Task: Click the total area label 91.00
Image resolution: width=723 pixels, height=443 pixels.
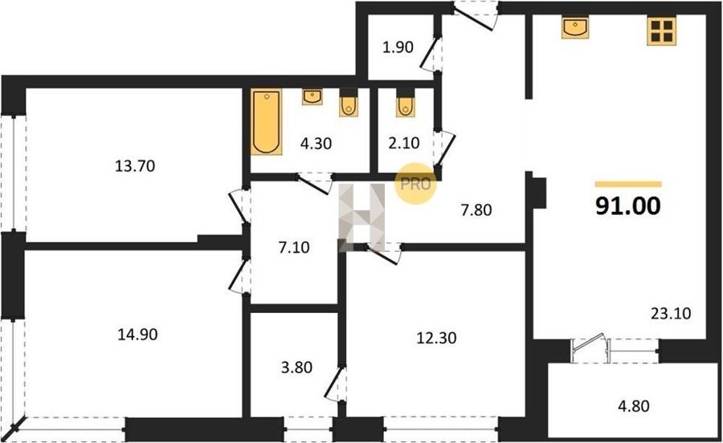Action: tap(628, 205)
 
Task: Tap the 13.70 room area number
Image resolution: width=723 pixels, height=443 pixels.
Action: tap(135, 166)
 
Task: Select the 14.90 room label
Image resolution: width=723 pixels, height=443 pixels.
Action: tap(137, 335)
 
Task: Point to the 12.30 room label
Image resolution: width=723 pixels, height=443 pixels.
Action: tap(437, 338)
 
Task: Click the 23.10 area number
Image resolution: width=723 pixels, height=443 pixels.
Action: tap(671, 314)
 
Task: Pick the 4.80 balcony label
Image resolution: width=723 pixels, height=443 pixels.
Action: tap(634, 406)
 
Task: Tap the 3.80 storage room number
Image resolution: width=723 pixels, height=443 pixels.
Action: tap(296, 367)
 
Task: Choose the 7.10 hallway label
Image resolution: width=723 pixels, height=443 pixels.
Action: tap(294, 247)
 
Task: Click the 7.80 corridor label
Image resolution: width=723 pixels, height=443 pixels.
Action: tap(476, 210)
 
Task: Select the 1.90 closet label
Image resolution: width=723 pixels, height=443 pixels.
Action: tap(398, 47)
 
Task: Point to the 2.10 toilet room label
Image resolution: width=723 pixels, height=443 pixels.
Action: tap(404, 143)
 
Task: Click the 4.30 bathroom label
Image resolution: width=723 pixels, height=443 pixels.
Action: tap(316, 144)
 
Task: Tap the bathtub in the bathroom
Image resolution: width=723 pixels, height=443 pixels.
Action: tap(267, 121)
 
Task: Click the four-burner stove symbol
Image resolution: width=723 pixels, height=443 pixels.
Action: tap(661, 31)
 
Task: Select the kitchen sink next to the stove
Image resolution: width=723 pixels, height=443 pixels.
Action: tap(575, 27)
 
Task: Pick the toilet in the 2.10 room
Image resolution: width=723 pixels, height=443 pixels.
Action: tap(405, 107)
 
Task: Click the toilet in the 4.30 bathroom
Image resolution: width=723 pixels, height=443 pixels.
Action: tap(349, 107)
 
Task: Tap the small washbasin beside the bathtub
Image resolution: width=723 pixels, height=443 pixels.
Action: tap(312, 96)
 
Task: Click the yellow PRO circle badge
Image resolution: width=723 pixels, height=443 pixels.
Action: tap(415, 184)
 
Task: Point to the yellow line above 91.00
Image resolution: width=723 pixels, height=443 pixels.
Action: tap(628, 185)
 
